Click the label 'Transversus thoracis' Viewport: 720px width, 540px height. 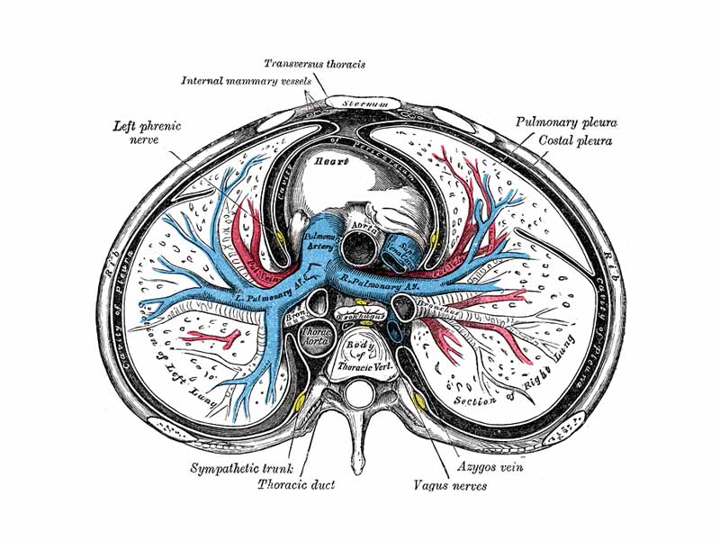point(314,64)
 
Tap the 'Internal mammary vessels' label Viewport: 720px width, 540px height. point(240,81)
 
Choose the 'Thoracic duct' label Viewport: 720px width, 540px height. point(296,485)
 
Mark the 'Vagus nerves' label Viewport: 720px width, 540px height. point(449,486)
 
